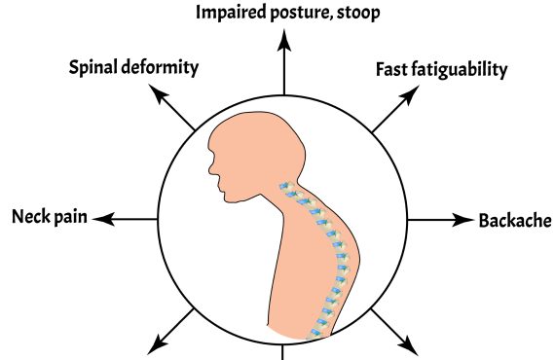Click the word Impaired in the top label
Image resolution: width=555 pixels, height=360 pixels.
231,13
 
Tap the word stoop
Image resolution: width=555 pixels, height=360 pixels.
358,14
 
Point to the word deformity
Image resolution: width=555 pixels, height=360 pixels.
160,67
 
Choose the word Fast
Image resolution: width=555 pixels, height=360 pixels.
391,69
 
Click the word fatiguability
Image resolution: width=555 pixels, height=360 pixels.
460,70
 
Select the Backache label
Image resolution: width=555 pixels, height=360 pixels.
515,220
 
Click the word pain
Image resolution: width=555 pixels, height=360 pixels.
69,217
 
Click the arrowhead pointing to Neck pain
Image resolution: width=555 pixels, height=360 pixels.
103,219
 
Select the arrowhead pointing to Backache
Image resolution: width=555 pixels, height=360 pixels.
462,220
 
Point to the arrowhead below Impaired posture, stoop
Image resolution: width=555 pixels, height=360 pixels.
284,40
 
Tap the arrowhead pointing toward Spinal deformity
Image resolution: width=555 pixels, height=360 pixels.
158,94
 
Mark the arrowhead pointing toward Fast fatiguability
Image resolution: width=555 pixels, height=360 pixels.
410,94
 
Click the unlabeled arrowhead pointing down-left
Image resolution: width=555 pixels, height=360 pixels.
158,344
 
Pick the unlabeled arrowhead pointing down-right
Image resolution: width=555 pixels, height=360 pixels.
409,345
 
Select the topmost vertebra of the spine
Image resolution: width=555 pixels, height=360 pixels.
286,186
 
